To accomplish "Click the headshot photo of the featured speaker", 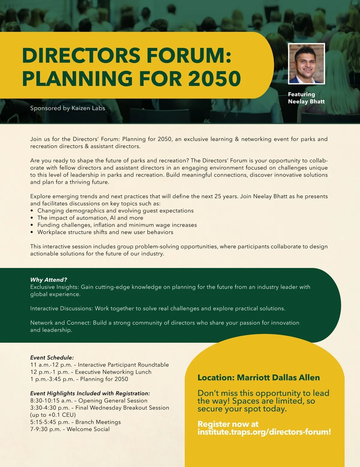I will point(306,64).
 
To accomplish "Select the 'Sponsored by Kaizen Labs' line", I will point(67,108).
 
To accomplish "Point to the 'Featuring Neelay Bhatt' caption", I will point(306,98).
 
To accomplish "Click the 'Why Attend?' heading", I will point(49,280).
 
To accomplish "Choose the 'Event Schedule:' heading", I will point(52,358).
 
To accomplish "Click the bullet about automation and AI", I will point(90,218).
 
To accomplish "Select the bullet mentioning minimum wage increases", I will point(117,225).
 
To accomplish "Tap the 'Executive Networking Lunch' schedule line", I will point(91,372).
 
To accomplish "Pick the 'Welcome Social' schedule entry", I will point(70,429).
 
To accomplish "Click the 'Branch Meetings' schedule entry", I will point(76,422).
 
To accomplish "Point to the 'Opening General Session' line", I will point(89,400).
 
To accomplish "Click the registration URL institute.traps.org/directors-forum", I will point(264,432).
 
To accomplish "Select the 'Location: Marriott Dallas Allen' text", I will point(259,378).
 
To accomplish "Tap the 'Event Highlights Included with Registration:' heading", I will point(90,393).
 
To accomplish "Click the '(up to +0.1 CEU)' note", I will point(53,415).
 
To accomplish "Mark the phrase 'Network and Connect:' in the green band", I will point(60,323).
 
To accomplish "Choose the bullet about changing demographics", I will point(115,211).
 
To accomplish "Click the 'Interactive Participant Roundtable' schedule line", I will point(100,365).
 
